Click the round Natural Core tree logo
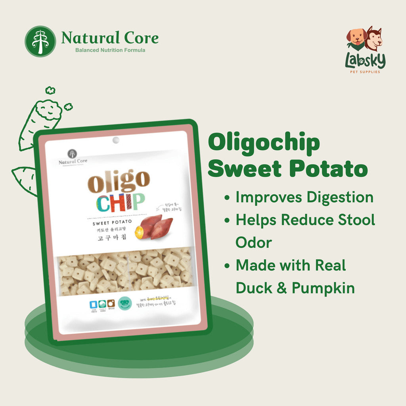point(40,41)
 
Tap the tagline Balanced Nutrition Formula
point(110,50)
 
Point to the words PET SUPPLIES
point(365,72)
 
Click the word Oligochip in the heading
point(264,144)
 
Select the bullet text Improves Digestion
point(304,197)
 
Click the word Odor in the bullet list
point(253,242)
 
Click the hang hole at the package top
point(116,140)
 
